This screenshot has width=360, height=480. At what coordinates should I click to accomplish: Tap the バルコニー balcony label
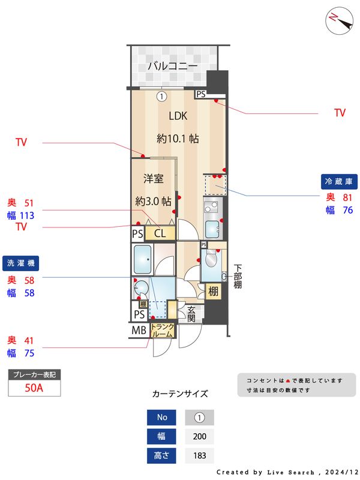(173, 65)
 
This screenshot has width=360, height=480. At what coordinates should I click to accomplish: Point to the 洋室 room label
(154, 178)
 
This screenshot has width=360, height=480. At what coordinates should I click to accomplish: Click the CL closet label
(160, 233)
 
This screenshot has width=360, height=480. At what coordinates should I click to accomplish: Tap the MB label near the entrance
(139, 330)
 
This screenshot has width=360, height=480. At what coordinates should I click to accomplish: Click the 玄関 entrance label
(191, 314)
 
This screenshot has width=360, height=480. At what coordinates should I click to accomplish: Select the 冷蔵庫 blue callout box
(340, 181)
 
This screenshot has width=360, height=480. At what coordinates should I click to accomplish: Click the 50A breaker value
(34, 388)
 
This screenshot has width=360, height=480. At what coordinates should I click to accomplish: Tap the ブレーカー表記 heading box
(34, 374)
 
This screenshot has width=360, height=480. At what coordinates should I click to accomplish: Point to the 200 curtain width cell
(200, 436)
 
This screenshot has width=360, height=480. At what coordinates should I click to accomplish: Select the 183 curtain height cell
(200, 455)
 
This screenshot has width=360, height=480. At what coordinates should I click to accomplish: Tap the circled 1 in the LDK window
(161, 95)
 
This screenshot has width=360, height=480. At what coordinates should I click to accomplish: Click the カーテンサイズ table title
(180, 394)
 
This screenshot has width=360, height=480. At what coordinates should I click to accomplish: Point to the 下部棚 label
(238, 276)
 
